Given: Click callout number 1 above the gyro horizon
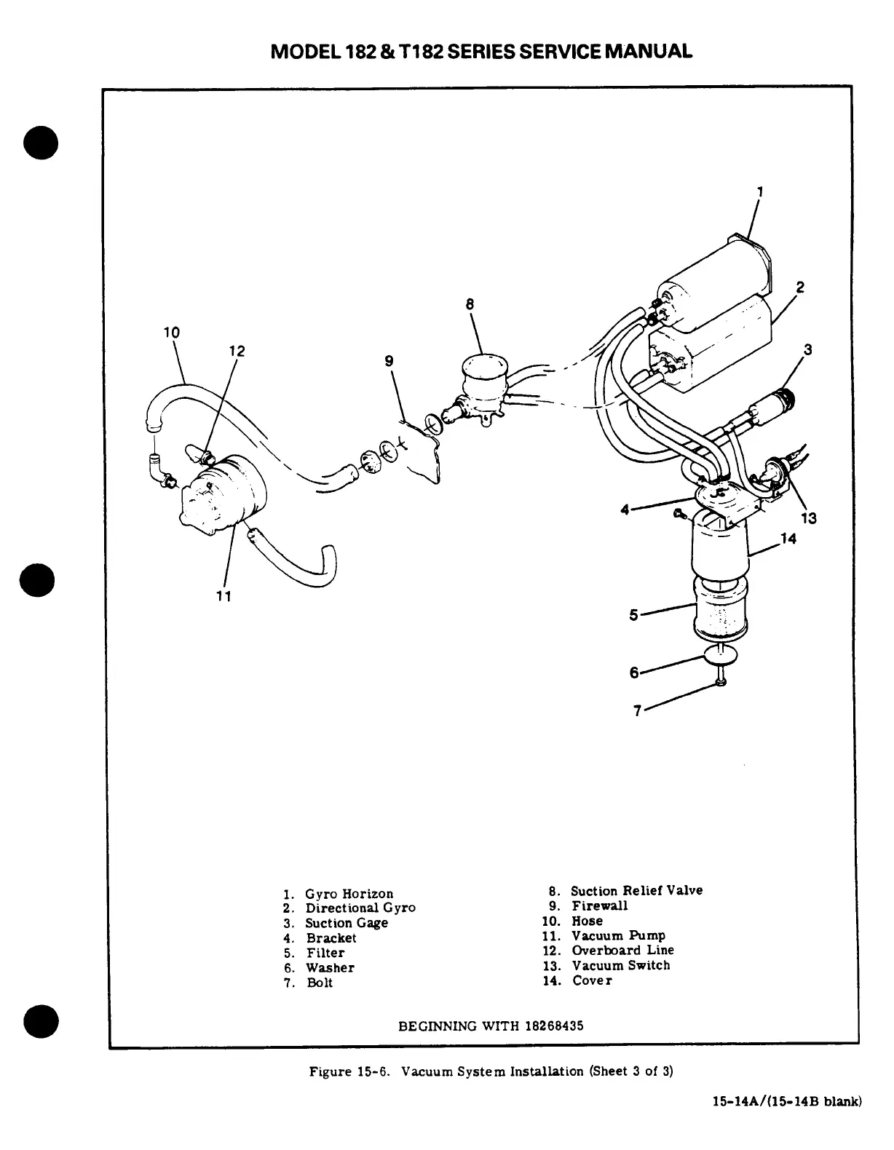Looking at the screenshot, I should pyautogui.click(x=759, y=192).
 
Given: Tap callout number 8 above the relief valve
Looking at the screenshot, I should pyautogui.click(x=470, y=304).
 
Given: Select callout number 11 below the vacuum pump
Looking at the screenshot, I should pyautogui.click(x=223, y=596).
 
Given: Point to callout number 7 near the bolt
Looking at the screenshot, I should pyautogui.click(x=637, y=711).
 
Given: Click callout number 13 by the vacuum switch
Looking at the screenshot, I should pyautogui.click(x=808, y=518).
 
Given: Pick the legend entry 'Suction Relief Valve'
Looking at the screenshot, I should pyautogui.click(x=636, y=891).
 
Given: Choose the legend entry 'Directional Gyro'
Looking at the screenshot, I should pyautogui.click(x=360, y=908).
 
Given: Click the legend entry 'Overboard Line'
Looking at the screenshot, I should pyautogui.click(x=622, y=951).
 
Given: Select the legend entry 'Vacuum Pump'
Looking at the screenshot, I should pyautogui.click(x=618, y=936).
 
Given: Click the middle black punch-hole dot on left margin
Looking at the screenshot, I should pyautogui.click(x=40, y=582).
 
